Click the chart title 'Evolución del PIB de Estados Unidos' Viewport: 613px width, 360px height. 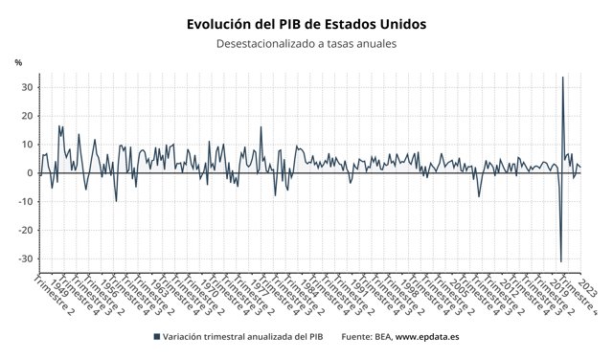tap(306, 23)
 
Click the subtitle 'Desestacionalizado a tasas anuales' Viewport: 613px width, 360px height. tap(306, 44)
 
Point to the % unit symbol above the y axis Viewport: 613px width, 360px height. tap(18, 62)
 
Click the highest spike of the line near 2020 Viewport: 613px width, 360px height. tap(562, 78)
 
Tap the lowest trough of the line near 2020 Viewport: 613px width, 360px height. tap(560, 260)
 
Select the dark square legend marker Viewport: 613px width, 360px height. tap(156, 337)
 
